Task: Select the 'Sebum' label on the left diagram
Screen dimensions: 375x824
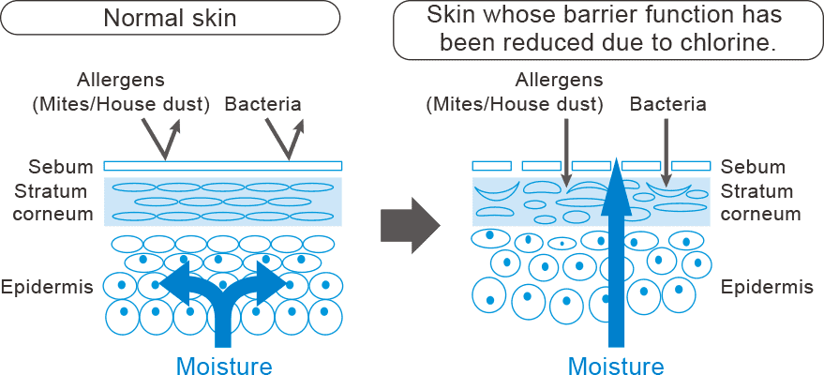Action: point(61,168)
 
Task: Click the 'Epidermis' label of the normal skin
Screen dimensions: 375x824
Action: point(47,286)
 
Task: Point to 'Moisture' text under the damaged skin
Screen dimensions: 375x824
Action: point(616,365)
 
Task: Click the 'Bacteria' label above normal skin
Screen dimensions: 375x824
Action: point(263,103)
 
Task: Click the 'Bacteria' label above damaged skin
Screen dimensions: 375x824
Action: point(667,103)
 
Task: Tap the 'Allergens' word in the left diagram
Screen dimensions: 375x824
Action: point(121,82)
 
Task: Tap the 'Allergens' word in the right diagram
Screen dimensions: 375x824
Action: point(560,81)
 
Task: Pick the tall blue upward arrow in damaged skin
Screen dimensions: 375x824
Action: point(616,253)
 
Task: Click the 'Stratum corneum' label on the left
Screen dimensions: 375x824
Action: point(51,202)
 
